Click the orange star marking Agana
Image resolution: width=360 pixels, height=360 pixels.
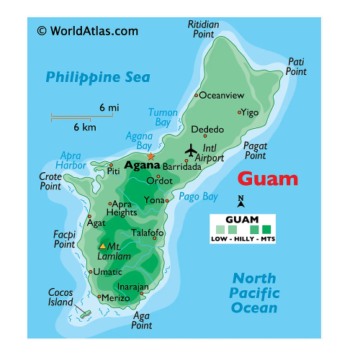pyautogui.click(x=150, y=156)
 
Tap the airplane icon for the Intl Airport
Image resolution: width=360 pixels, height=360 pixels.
pyautogui.click(x=191, y=150)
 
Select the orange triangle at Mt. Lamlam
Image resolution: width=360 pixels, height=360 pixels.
pyautogui.click(x=102, y=246)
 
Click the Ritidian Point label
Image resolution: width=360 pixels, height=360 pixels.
pyautogui.click(x=203, y=30)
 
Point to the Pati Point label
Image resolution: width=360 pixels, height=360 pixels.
pyautogui.click(x=296, y=66)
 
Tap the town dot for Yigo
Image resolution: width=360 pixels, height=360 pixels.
pyautogui.click(x=240, y=112)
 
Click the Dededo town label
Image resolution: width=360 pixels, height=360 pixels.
pyautogui.click(x=207, y=130)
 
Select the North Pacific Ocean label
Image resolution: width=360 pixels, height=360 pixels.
pyautogui.click(x=253, y=293)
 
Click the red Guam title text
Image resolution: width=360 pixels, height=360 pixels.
pyautogui.click(x=268, y=179)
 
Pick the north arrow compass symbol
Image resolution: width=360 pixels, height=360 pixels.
pyautogui.click(x=241, y=202)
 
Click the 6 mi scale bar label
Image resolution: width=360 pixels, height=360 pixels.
pyautogui.click(x=109, y=107)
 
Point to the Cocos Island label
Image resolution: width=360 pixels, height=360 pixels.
pyautogui.click(x=60, y=297)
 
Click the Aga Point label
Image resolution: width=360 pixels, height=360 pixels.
pyautogui.click(x=142, y=320)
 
